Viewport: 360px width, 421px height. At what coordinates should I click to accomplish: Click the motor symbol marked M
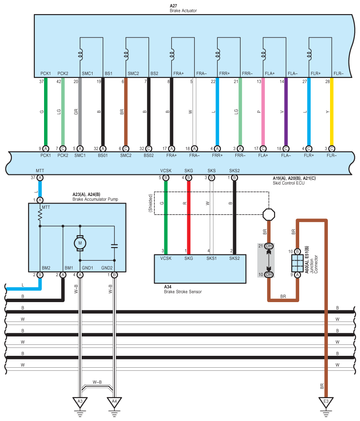(80, 242)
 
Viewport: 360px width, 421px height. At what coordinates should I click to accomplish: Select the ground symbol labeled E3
(326, 402)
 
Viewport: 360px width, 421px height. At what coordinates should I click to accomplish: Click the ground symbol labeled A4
(114, 402)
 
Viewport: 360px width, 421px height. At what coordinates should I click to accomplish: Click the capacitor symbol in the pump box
(114, 246)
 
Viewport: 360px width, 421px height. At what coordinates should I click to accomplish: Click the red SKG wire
(189, 216)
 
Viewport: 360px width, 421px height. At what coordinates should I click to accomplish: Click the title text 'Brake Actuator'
(183, 10)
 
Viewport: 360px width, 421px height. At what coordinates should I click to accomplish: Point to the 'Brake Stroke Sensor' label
(182, 292)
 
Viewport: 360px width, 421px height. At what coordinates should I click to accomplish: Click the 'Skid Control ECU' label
(288, 183)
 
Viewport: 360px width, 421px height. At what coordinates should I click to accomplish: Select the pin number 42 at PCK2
(59, 81)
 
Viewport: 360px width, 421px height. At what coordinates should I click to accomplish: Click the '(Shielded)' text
(150, 203)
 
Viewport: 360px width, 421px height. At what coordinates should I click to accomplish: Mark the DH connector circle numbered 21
(268, 246)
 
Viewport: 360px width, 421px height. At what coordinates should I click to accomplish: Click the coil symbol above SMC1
(80, 55)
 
